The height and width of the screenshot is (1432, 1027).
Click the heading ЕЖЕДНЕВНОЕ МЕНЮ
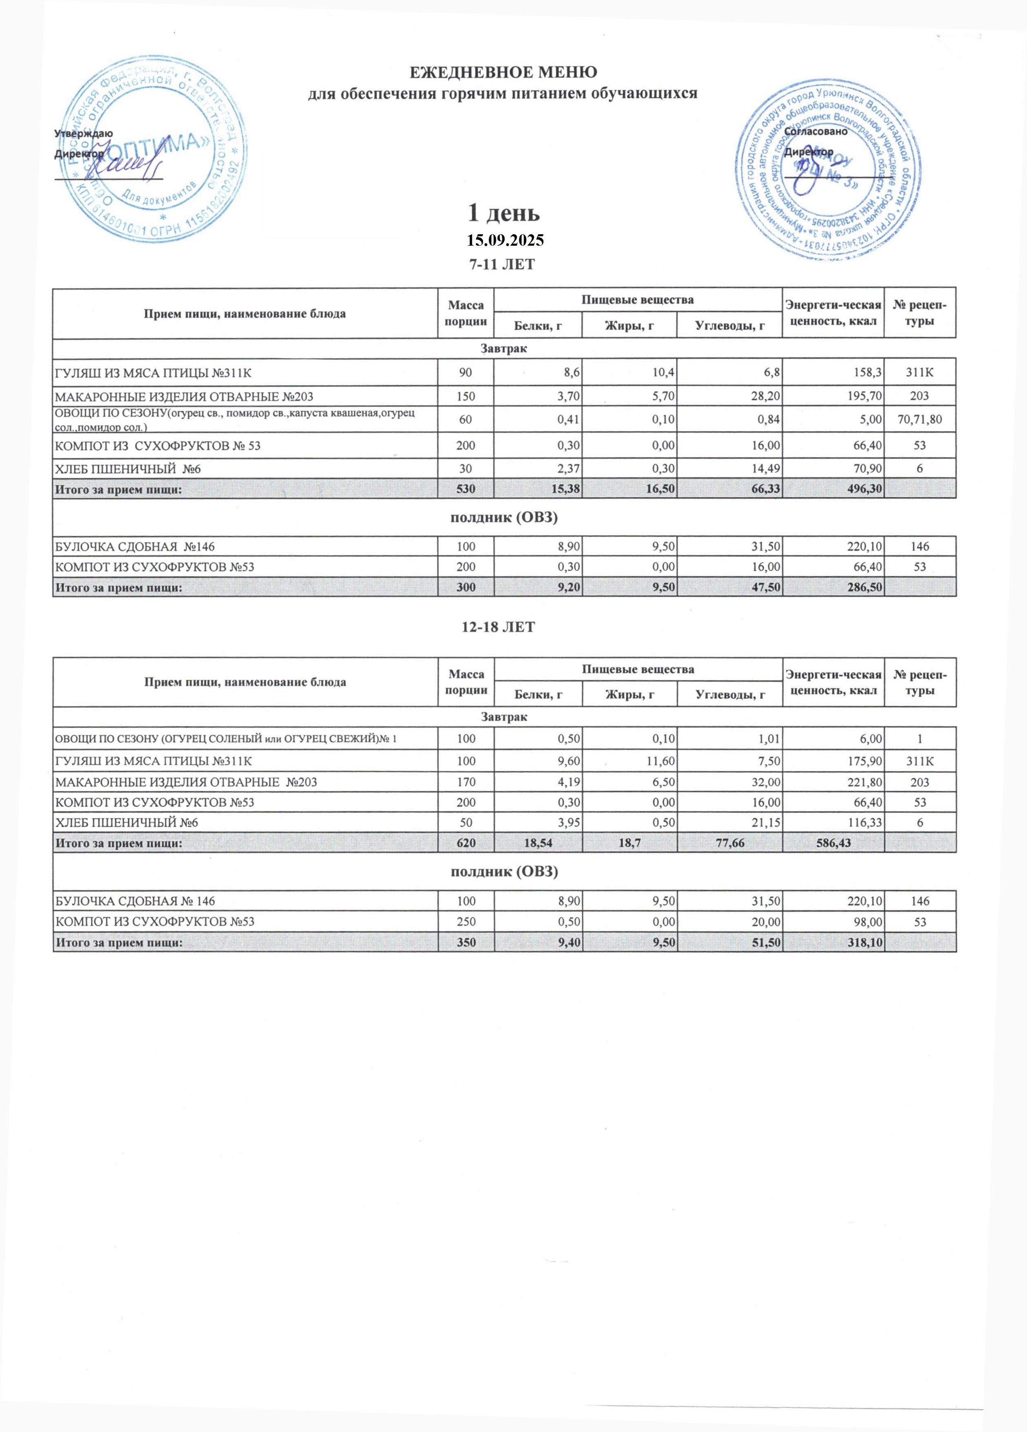pyautogui.click(x=503, y=72)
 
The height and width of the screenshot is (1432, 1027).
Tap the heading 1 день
pyautogui.click(x=503, y=213)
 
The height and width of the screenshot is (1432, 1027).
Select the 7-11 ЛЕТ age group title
pyautogui.click(x=503, y=264)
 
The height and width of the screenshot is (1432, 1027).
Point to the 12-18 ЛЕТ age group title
pyautogui.click(x=503, y=627)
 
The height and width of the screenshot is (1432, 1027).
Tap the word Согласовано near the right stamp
pyautogui.click(x=816, y=132)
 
